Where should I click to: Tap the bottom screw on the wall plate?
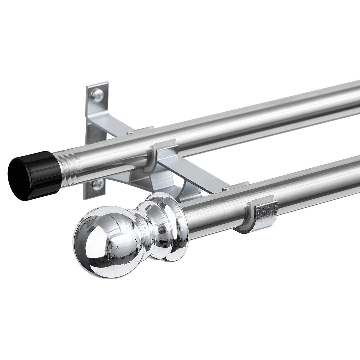[98, 184]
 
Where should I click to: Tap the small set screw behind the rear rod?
[129, 133]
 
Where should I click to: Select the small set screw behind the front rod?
[225, 189]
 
